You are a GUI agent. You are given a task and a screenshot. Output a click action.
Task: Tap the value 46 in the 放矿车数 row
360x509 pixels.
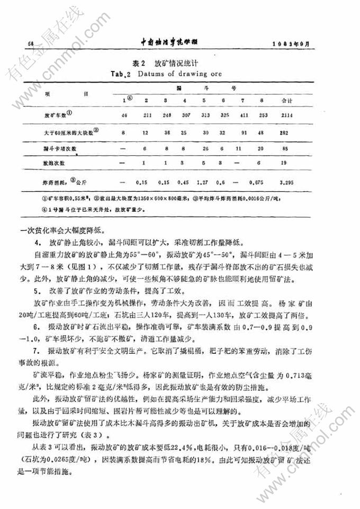(x=124, y=115)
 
